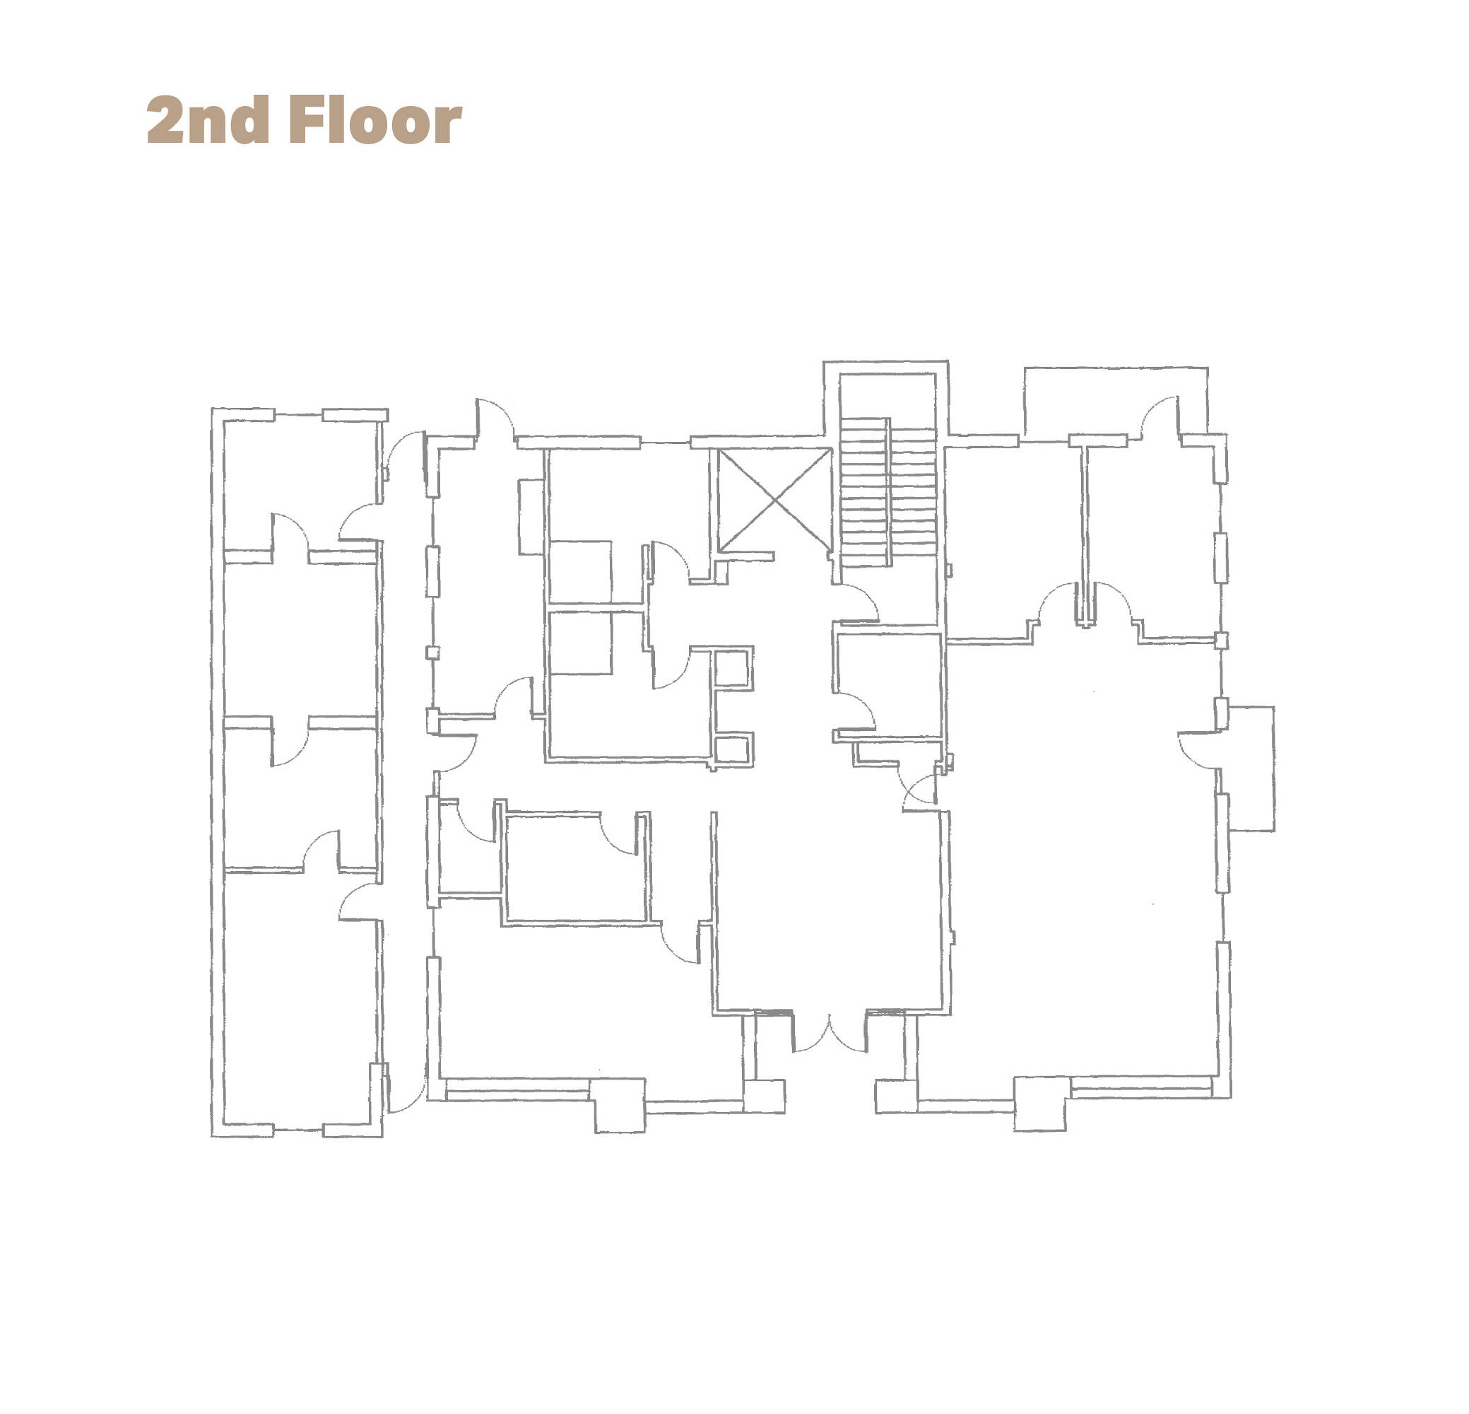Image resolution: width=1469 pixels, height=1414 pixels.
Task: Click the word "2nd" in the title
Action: coord(208,119)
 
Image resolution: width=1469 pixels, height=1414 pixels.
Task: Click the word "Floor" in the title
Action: coord(375,119)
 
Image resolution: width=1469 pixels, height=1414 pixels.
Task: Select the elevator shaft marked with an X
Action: coord(774,500)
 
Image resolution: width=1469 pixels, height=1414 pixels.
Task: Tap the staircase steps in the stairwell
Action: coord(888,492)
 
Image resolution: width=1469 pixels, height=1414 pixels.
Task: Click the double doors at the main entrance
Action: coord(830,1032)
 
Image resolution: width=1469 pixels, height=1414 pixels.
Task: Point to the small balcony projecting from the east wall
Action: coord(1250,769)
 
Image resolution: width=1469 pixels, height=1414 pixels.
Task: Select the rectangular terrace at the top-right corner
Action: coord(1115,401)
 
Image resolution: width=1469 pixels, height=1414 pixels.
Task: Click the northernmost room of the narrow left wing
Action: coord(300,485)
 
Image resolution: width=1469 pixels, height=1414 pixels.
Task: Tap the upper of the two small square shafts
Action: coord(732,669)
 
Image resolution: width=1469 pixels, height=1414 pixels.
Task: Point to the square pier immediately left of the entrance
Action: coord(765,1096)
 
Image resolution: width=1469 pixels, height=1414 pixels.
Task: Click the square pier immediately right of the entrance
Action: coord(897,1096)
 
